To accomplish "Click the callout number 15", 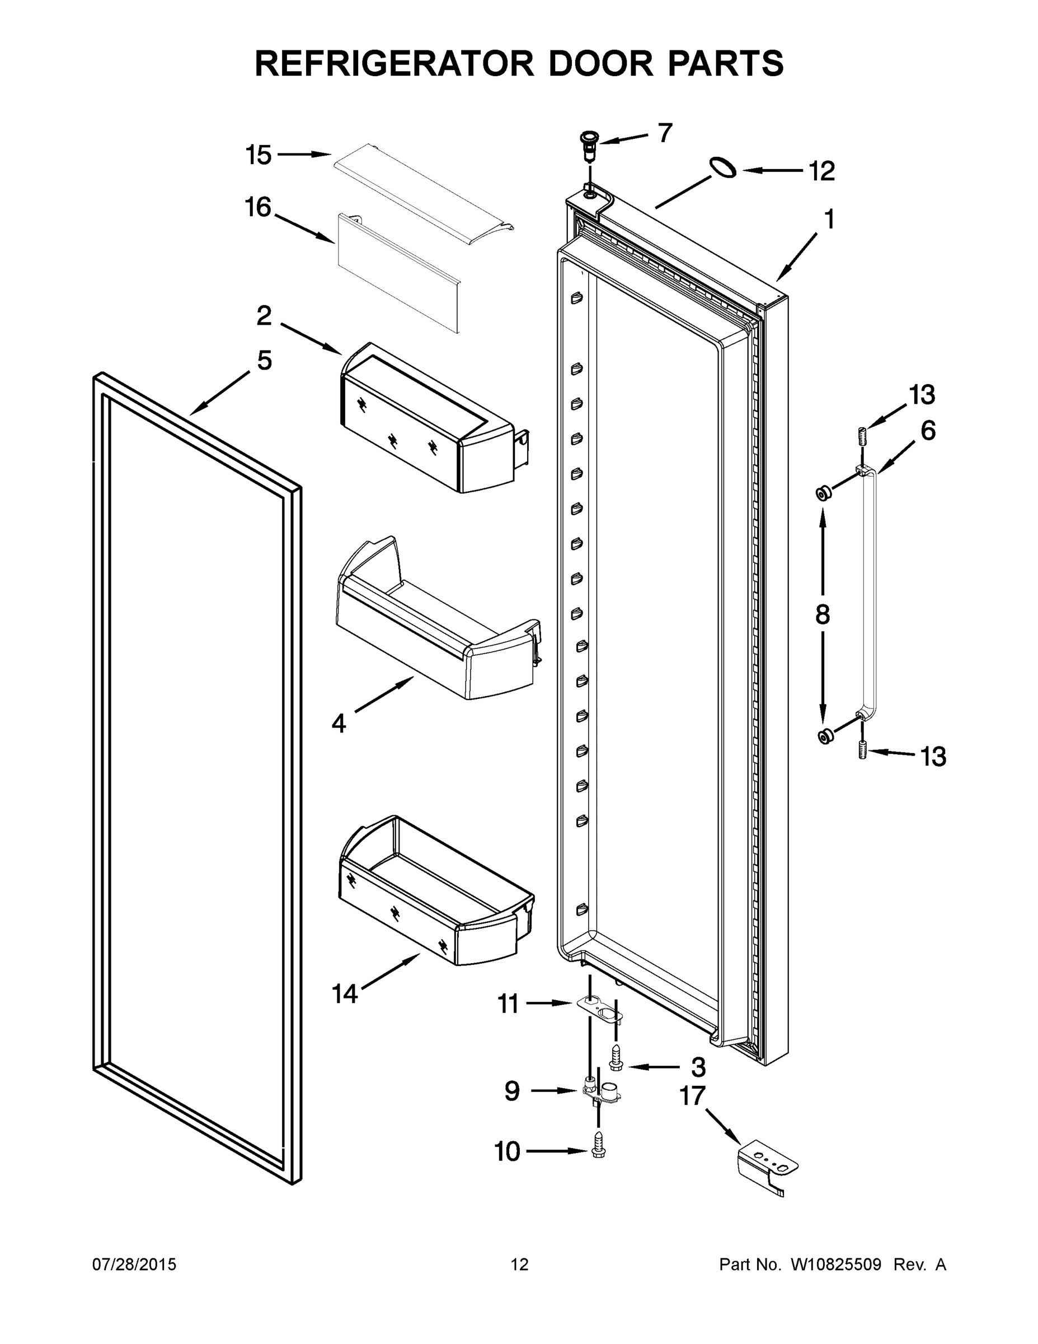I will point(259,155).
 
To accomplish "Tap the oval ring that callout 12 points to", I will point(722,167).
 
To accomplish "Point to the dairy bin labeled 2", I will point(427,418).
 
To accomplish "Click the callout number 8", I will point(823,614).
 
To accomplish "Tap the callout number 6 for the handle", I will point(928,431).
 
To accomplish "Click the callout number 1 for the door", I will point(829,220).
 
